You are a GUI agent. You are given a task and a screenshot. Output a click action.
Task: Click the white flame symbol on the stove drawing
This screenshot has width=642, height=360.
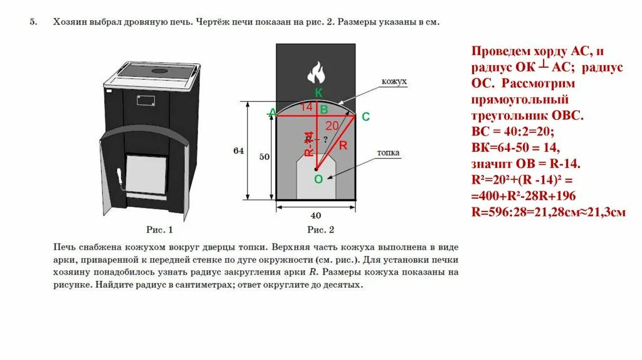(316, 72)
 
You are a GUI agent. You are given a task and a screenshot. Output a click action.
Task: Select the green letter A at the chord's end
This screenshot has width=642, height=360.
(271, 113)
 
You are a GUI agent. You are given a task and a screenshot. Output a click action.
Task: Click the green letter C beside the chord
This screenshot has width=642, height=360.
(366, 117)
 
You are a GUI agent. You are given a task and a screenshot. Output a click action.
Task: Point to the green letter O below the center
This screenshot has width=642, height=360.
(318, 179)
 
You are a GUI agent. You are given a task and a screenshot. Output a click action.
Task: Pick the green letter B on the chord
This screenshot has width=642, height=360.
(324, 110)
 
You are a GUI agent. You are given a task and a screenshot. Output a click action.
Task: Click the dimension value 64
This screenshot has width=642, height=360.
(238, 151)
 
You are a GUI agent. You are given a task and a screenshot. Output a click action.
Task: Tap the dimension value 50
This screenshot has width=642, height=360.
(264, 156)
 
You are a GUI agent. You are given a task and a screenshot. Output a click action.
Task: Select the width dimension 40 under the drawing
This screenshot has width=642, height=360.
(315, 215)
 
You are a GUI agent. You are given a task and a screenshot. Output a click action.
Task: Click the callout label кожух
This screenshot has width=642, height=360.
(395, 82)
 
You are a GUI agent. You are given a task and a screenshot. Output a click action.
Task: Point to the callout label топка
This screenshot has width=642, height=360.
(389, 152)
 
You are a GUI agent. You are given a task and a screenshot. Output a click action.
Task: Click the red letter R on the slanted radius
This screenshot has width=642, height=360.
(343, 146)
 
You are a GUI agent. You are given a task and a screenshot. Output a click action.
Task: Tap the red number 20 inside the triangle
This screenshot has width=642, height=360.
(332, 126)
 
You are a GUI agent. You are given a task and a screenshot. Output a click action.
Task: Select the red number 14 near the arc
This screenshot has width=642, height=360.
(306, 107)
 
